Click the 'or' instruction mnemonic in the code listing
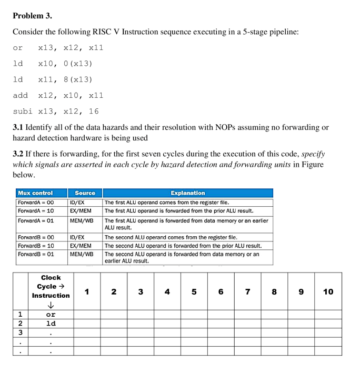[x=18, y=48]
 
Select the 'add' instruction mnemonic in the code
[x=21, y=95]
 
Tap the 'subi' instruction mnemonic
[x=23, y=111]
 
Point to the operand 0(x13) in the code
[x=78, y=64]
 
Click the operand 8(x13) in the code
[x=78, y=79]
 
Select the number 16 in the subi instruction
[x=94, y=111]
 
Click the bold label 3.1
[x=18, y=127]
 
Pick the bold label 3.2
[x=18, y=154]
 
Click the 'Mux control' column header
[x=35, y=193]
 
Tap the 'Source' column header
[x=85, y=193]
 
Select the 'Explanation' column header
[x=187, y=193]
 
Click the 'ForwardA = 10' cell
[x=36, y=210]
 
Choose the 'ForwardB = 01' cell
[x=36, y=254]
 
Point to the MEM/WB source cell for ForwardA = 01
[x=81, y=220]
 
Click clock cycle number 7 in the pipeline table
[x=247, y=291]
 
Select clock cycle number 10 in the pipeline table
[x=328, y=291]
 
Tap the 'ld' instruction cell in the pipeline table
[x=51, y=324]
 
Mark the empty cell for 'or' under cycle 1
[x=87, y=315]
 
